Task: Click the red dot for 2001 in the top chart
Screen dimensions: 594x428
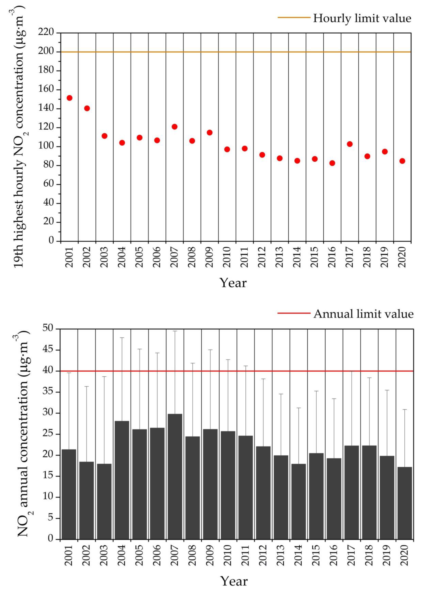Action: pos(69,98)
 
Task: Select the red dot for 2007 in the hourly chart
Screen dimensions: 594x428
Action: pos(174,127)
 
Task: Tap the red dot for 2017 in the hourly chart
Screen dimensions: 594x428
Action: pos(350,144)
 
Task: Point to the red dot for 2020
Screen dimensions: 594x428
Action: pos(402,161)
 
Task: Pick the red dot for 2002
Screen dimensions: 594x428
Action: pos(87,108)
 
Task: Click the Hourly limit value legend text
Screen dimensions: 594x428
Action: pos(362,18)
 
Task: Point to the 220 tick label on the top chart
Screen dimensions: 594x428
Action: pos(46,32)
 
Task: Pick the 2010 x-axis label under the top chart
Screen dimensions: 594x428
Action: pos(227,257)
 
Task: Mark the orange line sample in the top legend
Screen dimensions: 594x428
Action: pos(294,18)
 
